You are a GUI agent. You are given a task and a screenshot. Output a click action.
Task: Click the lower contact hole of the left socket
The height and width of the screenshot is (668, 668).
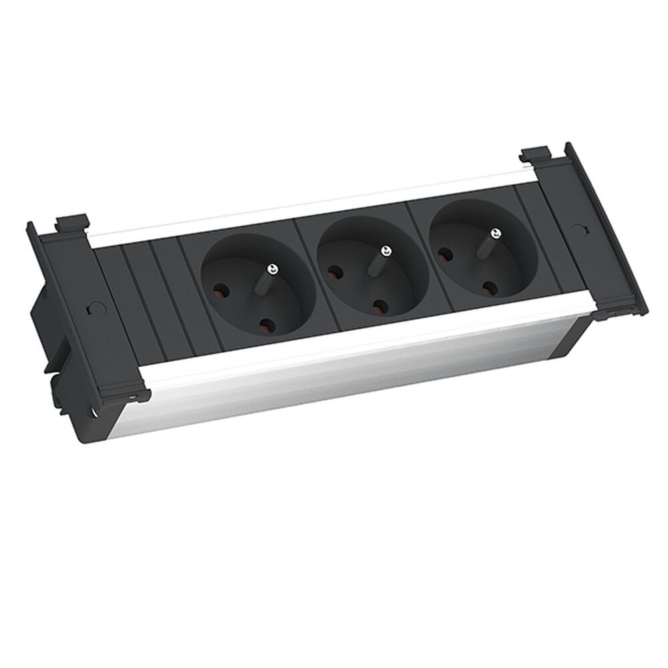[266, 327]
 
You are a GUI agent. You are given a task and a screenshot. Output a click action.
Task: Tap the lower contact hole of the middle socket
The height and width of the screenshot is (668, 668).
[381, 307]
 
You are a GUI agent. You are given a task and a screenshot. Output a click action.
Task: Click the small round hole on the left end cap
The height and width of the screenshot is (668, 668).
[92, 311]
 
